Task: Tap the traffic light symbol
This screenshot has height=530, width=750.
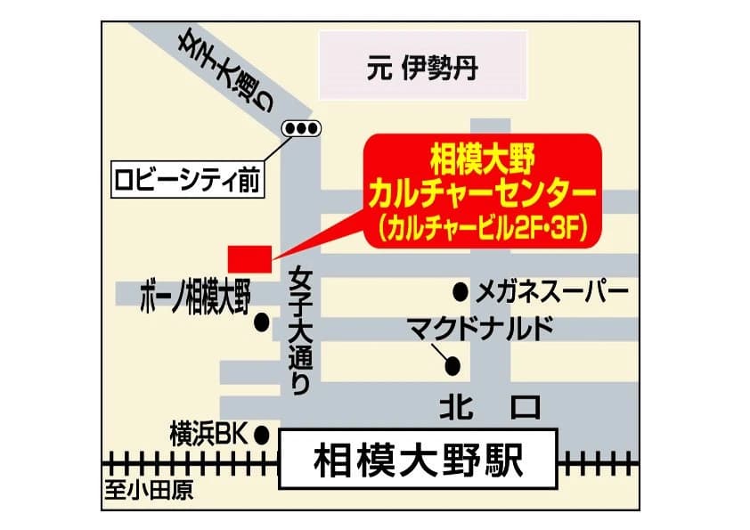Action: (301, 129)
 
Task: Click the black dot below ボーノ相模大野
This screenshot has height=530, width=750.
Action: (262, 323)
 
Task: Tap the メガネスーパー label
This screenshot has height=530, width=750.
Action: (553, 291)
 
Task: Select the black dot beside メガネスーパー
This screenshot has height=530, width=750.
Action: (461, 291)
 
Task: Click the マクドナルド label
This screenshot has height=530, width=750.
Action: (481, 328)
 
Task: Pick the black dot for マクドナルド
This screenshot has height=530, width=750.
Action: (452, 364)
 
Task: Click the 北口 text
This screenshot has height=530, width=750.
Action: (491, 407)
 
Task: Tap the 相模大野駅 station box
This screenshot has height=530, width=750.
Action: (419, 461)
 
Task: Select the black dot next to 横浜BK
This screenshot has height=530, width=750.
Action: (262, 435)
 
